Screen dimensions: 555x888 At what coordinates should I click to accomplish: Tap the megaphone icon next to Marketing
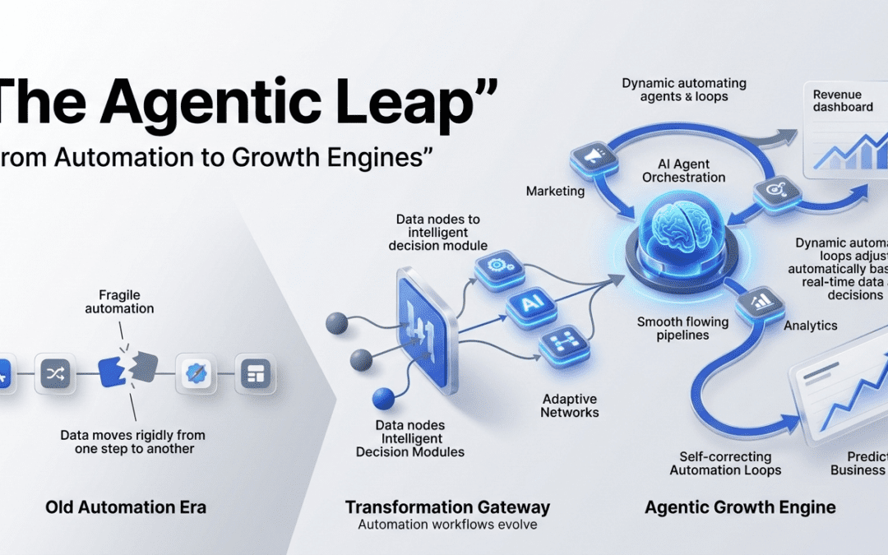pos(590,155)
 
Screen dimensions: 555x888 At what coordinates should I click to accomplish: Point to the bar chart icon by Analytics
pos(759,302)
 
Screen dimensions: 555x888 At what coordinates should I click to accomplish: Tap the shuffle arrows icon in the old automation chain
pos(57,374)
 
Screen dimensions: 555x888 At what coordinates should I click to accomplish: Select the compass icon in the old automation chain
pos(197,374)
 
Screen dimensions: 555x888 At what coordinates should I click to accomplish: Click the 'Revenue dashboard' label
pos(843,100)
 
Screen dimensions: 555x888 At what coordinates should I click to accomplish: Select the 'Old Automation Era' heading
pos(126,507)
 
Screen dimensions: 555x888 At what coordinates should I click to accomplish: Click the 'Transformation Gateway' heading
pos(447,506)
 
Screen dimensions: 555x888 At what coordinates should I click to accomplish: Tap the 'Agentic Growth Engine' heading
pos(740,507)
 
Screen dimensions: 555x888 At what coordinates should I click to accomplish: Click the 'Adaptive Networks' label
pos(570,405)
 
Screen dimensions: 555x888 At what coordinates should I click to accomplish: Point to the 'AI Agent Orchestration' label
pos(684,170)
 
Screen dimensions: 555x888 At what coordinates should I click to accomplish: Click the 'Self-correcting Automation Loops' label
pos(725,463)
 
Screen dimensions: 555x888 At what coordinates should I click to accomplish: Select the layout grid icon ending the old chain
pos(253,374)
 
